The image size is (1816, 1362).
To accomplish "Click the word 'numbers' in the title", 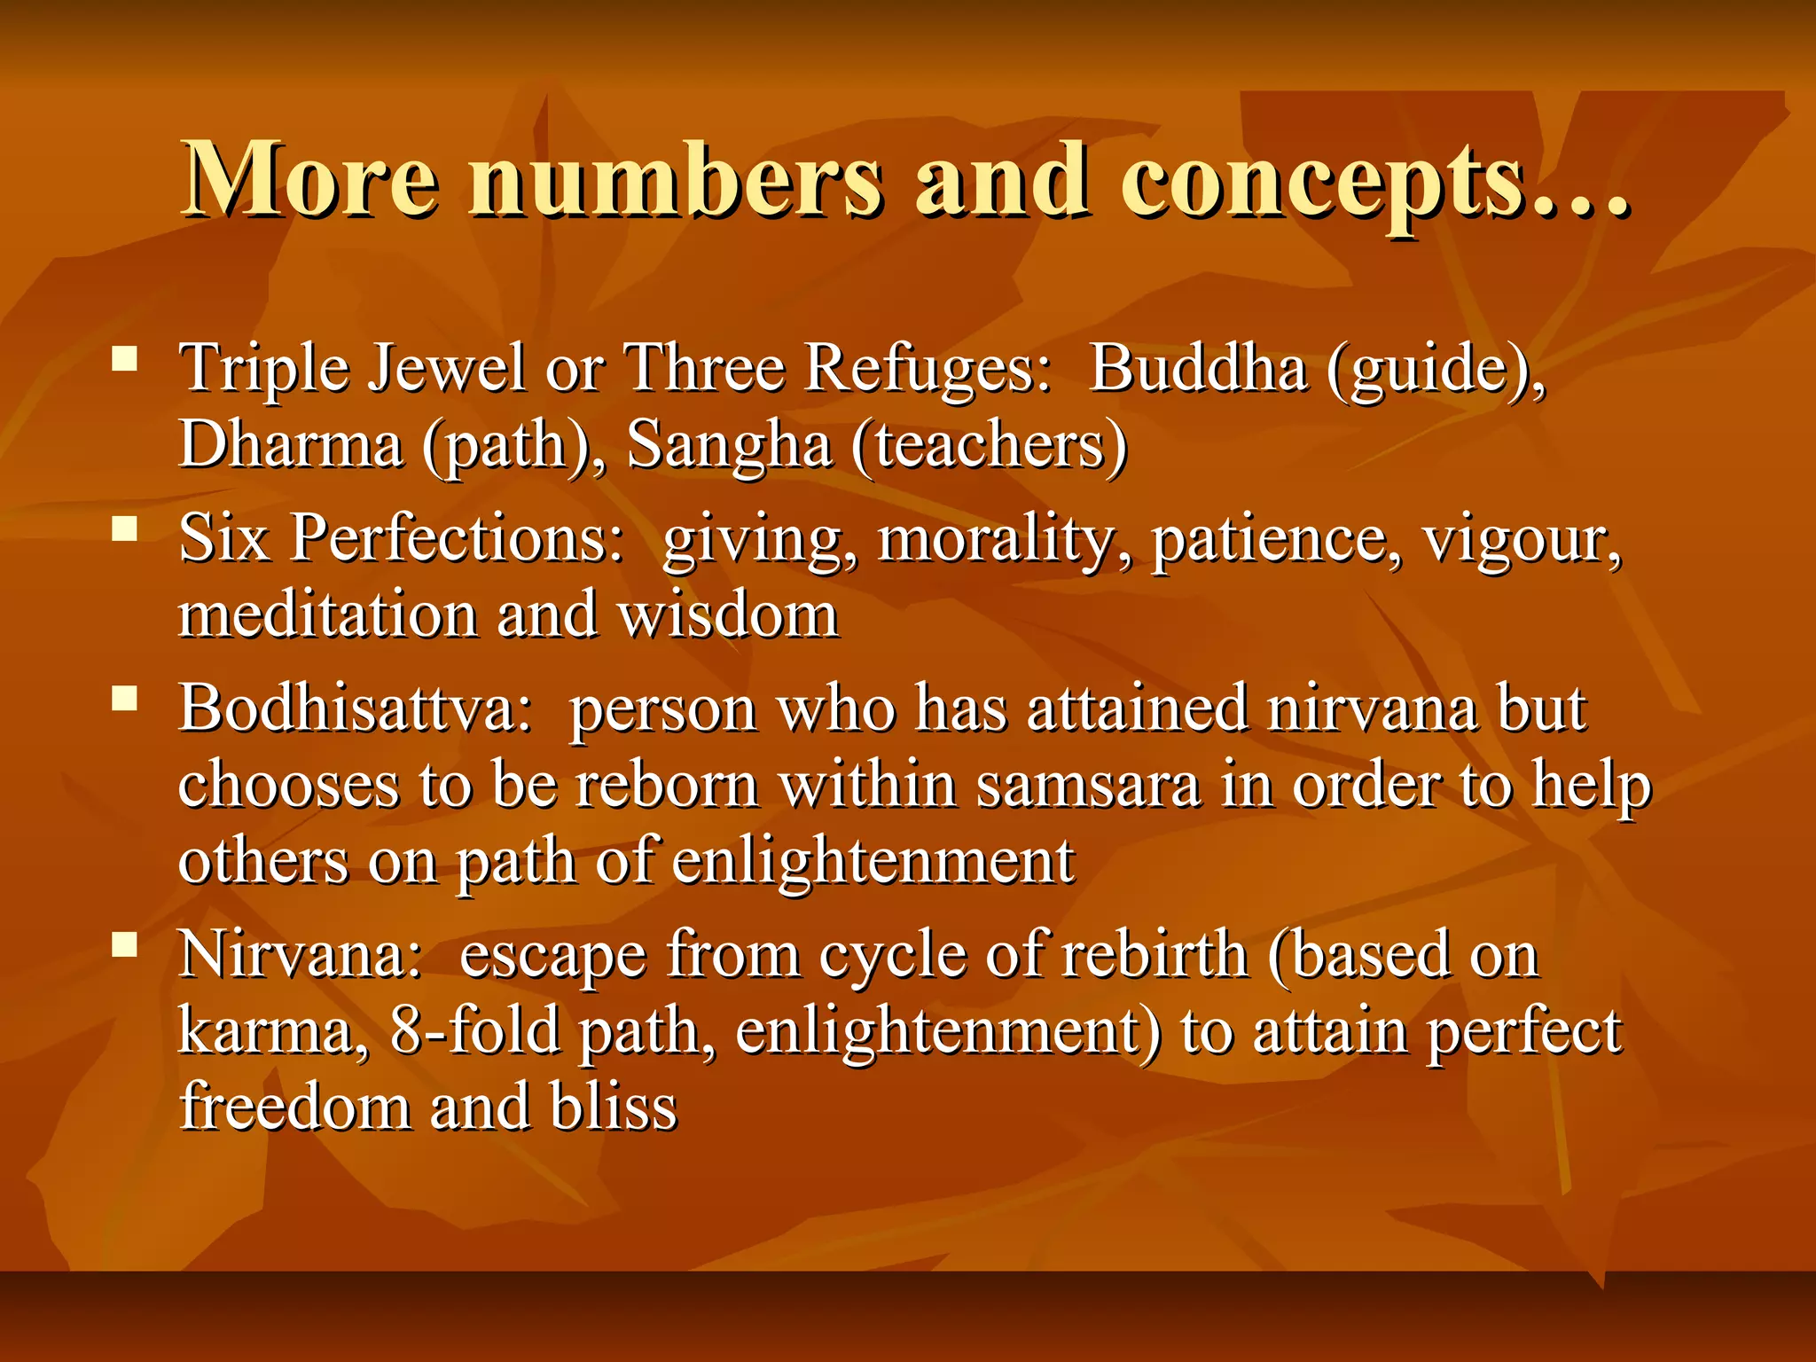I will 676,182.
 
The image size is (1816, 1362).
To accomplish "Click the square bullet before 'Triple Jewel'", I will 125,358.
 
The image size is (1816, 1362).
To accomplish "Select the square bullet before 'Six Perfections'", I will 125,529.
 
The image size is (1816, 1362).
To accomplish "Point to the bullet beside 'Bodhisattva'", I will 125,700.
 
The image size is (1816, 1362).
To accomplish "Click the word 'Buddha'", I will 1198,367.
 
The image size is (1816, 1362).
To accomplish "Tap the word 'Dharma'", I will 290,443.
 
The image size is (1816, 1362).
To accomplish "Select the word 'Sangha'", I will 729,443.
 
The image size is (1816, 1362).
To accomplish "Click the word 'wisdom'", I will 727,614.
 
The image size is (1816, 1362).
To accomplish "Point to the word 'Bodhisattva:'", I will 356,708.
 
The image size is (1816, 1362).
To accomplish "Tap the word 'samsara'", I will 1088,786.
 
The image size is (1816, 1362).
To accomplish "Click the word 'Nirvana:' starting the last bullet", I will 301,955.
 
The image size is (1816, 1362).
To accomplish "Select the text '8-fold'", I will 475,1031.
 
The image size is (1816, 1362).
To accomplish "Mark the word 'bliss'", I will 613,1108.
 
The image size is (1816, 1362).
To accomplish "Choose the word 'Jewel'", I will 446,367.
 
